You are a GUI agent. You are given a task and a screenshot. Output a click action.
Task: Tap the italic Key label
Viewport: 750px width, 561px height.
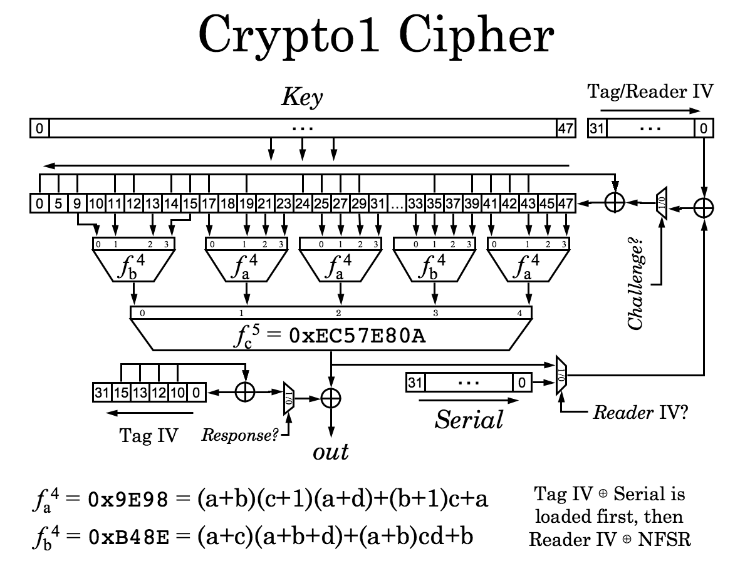point(302,97)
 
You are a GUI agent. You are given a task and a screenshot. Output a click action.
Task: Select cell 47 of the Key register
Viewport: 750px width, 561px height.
point(565,129)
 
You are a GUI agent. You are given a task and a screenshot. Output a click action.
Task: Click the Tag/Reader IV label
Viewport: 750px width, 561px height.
point(650,92)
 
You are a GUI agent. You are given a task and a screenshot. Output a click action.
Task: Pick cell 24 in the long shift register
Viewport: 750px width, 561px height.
point(303,203)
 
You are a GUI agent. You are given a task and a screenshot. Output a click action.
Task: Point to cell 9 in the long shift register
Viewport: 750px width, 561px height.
point(76,203)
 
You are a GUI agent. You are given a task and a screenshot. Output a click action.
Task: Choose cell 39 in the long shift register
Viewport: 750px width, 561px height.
point(471,203)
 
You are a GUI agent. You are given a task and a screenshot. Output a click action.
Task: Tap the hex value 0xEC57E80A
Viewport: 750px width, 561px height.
point(357,336)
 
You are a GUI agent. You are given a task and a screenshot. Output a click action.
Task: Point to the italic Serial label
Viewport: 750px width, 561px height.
point(469,418)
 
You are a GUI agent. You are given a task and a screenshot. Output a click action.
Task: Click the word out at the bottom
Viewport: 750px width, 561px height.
point(330,451)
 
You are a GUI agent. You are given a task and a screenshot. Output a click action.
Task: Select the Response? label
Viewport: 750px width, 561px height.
point(240,435)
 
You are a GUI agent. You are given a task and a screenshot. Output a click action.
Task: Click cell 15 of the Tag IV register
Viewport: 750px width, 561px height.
point(122,393)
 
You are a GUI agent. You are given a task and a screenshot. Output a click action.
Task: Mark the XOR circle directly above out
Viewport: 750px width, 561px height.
point(330,398)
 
